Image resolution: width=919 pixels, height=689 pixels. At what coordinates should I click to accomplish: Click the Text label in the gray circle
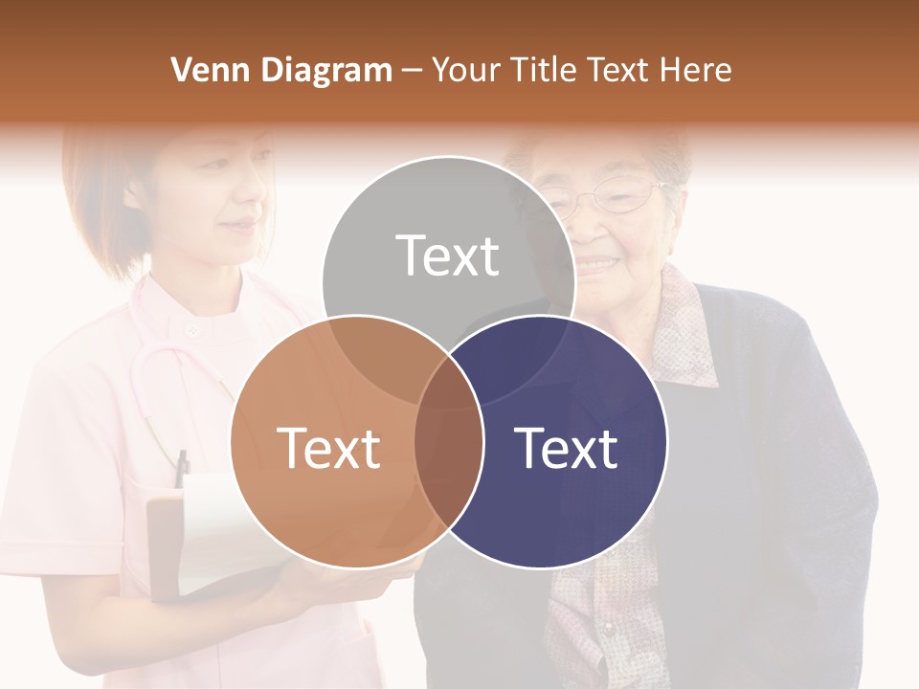click(448, 256)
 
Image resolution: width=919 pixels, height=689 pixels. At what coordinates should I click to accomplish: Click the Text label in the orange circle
click(328, 447)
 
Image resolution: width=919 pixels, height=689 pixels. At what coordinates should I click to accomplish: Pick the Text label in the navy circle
click(566, 447)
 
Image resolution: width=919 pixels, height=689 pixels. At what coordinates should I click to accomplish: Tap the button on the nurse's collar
click(193, 331)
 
